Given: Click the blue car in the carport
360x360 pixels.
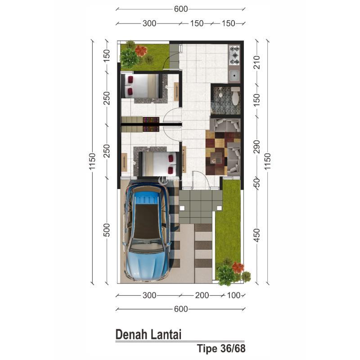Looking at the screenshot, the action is click(147, 231).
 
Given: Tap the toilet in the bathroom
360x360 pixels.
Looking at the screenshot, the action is click(235, 96).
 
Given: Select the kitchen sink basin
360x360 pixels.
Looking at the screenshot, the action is click(234, 75).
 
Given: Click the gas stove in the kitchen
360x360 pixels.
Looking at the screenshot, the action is click(234, 55).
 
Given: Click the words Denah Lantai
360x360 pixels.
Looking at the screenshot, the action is click(148, 334).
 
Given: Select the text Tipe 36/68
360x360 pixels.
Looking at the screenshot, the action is click(221, 348).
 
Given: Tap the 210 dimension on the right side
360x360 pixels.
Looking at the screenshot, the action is click(257, 62).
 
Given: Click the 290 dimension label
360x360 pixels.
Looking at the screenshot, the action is click(257, 147).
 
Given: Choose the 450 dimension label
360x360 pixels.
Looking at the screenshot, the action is click(257, 235).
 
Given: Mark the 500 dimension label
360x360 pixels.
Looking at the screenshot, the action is click(107, 230).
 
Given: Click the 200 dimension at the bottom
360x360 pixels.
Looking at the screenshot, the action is click(202, 295).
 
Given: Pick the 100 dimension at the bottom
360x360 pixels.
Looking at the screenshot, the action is click(234, 295).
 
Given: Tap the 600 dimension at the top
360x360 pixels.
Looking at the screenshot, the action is click(181, 9).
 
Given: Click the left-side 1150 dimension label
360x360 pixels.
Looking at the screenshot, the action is click(92, 161).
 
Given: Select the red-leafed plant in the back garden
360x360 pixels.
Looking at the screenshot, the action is click(141, 50).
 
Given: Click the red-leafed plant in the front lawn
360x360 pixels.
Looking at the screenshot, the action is click(238, 267).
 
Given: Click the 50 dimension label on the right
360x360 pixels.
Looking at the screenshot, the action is click(257, 183).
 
